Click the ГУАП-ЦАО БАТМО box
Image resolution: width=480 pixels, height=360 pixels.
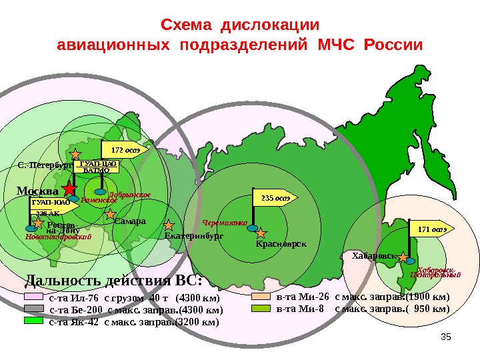pyautogui.click(x=91, y=166)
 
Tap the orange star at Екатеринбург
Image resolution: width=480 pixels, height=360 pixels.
pyautogui.click(x=169, y=225)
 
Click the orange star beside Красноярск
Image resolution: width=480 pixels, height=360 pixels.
pyautogui.click(x=261, y=233)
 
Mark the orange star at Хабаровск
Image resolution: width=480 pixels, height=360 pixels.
pyautogui.click(x=403, y=257)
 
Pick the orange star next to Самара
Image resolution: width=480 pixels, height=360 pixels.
pyautogui.click(x=111, y=215)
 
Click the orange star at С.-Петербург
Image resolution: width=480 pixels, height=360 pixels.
pyautogui.click(x=77, y=153)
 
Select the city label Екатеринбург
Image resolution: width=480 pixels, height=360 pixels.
pyautogui.click(x=194, y=236)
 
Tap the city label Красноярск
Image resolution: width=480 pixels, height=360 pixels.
pyautogui.click(x=281, y=244)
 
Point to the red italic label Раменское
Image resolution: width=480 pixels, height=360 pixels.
pyautogui.click(x=98, y=199)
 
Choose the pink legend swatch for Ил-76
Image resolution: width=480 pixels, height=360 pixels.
pyautogui.click(x=33, y=297)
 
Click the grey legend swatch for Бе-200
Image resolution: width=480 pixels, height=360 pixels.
pyautogui.click(x=33, y=309)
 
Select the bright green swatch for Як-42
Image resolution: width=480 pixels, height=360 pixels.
pyautogui.click(x=33, y=321)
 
